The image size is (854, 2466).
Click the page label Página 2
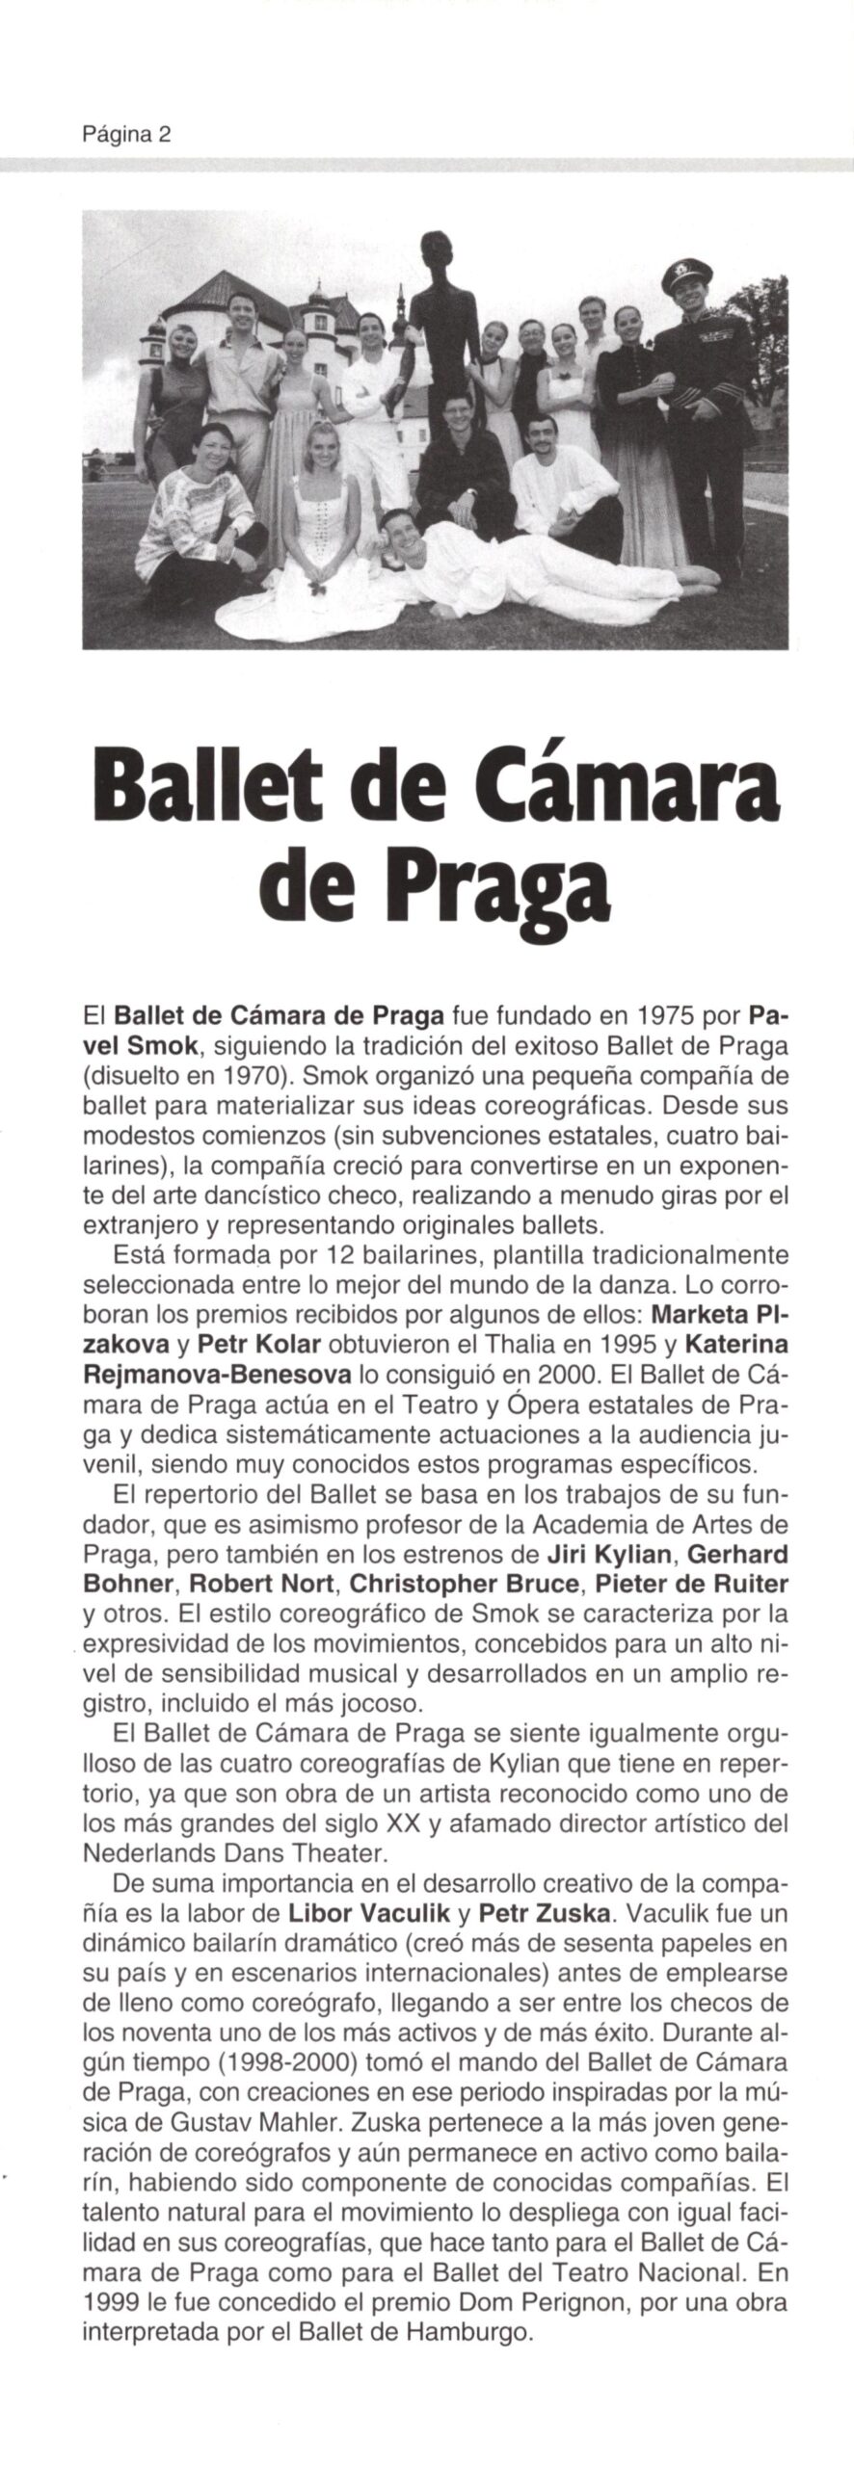(x=126, y=135)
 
